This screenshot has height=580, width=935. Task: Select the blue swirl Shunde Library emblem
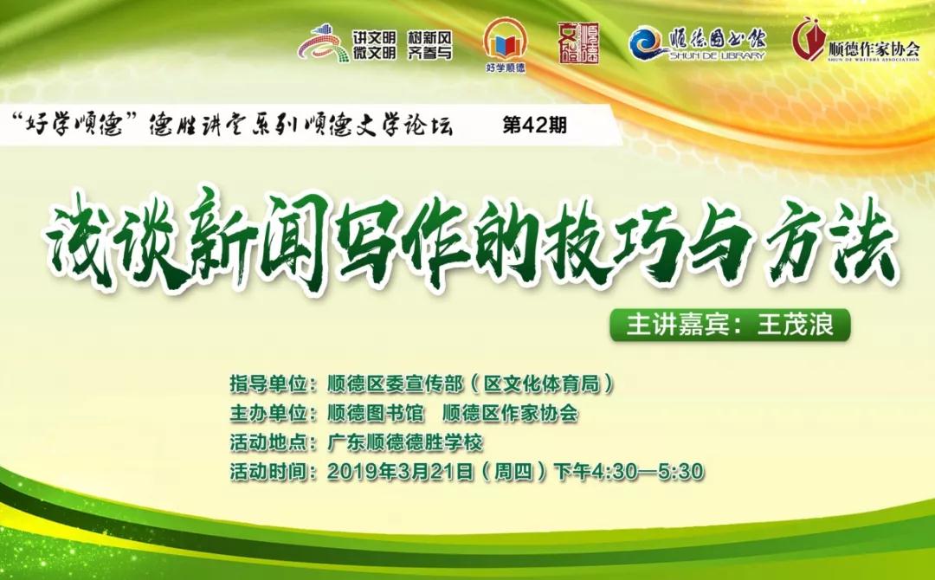tap(648, 43)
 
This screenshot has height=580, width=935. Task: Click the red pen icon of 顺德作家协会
tap(808, 39)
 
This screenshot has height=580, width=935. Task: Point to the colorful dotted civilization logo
tap(323, 43)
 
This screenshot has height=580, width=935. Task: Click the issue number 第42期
tap(534, 126)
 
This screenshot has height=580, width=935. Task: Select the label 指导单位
tap(268, 384)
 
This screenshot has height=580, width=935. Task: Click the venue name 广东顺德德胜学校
tap(405, 443)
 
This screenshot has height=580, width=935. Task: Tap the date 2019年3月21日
tap(400, 472)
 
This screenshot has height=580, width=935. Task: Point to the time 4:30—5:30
tap(648, 472)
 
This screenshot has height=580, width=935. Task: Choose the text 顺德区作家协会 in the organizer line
tap(511, 414)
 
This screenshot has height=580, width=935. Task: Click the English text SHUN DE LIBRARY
tap(717, 55)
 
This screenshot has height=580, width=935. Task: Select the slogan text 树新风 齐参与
tap(429, 45)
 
